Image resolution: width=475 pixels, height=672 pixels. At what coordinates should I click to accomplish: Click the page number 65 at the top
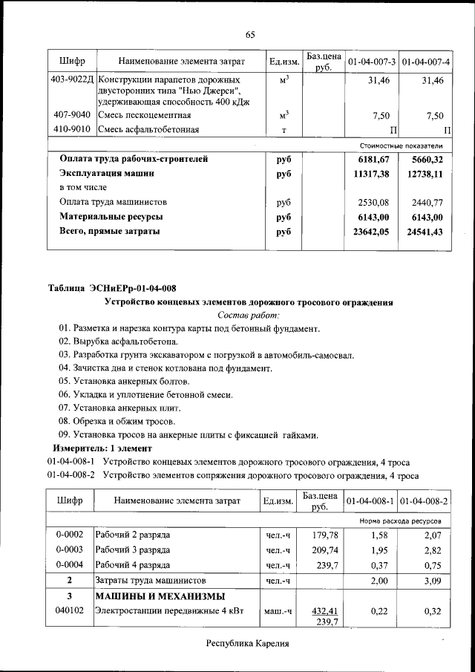tap(250, 35)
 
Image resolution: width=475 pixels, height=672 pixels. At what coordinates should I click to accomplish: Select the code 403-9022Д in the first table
tap(72, 79)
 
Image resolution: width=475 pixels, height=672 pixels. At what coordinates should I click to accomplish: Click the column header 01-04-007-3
tap(370, 59)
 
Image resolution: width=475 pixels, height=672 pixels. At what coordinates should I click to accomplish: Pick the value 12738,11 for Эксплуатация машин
tap(425, 174)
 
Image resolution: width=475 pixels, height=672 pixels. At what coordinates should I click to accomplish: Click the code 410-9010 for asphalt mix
tap(72, 130)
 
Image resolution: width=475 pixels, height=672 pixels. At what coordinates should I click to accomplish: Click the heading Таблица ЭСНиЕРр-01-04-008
tap(112, 288)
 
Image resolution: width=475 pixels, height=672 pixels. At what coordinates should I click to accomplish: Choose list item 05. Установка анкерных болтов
tap(129, 382)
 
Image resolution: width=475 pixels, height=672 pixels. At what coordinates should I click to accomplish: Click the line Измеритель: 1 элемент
tap(102, 448)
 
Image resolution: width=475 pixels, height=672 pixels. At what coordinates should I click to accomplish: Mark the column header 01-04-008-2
tap(425, 501)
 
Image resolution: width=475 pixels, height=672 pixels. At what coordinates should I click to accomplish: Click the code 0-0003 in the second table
tap(70, 550)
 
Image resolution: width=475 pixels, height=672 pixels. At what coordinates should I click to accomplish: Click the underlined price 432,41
tap(324, 611)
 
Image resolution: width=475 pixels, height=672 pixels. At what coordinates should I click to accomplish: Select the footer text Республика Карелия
tap(247, 644)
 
